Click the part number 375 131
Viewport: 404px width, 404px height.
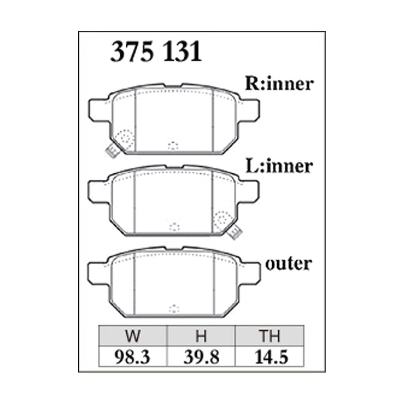coord(156,52)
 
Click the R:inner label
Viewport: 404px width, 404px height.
coord(279,84)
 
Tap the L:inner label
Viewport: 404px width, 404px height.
coord(279,166)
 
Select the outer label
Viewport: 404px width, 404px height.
coord(288,264)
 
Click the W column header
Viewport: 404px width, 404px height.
coord(133,336)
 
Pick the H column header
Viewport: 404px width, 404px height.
coord(201,336)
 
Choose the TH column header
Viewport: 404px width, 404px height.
coord(270,336)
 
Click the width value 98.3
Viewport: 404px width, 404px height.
coord(132,357)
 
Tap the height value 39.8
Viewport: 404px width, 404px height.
coord(201,357)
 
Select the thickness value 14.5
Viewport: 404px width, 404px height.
coord(271,357)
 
